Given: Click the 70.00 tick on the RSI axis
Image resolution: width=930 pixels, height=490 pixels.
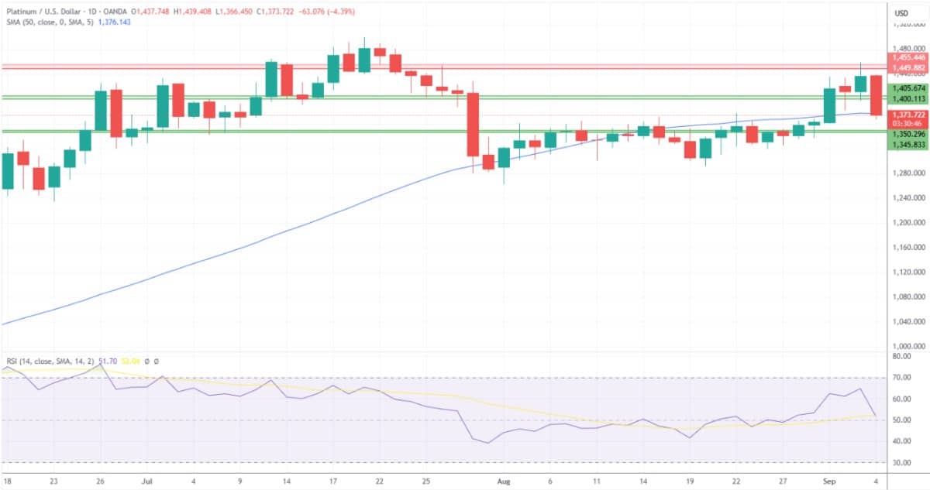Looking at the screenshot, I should click(x=901, y=378).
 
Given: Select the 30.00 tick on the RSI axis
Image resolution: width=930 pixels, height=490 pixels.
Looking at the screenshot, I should click(x=901, y=462).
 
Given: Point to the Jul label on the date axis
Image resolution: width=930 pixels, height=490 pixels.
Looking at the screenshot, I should click(x=147, y=480).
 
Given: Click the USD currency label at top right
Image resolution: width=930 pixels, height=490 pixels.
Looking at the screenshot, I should click(x=901, y=13).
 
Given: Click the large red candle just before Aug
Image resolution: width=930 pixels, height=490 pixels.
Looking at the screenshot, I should click(x=473, y=124).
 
